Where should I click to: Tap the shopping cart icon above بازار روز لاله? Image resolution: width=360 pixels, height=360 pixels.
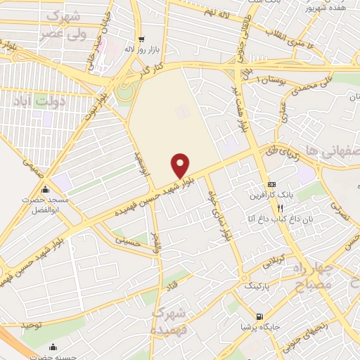tap(142, 39)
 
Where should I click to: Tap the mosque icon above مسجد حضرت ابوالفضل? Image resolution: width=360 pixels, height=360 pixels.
tap(46, 190)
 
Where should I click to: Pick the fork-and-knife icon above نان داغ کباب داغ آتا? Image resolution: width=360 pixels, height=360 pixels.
tap(280, 208)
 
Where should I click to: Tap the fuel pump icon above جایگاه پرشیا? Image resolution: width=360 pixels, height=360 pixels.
tap(260, 317)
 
